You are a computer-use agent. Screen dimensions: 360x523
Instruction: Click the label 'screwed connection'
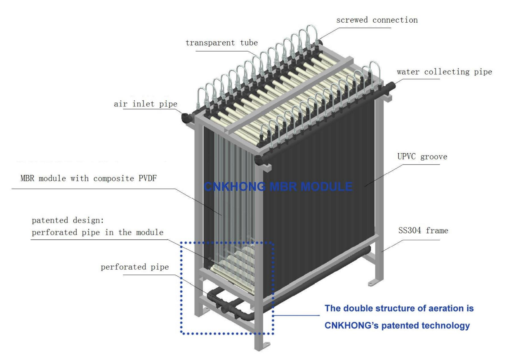[377, 20]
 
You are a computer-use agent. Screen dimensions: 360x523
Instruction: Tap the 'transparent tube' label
[221, 43]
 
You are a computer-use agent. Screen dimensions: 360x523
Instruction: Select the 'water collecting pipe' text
[444, 72]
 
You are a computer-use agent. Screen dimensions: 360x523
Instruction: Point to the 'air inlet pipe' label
[145, 104]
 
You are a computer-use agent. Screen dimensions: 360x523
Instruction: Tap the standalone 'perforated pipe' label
[134, 267]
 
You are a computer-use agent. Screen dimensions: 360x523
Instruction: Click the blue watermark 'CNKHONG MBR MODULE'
[278, 187]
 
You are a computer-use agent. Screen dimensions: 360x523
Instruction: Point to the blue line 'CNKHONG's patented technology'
[397, 326]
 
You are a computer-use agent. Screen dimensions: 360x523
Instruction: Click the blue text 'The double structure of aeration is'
[399, 308]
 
